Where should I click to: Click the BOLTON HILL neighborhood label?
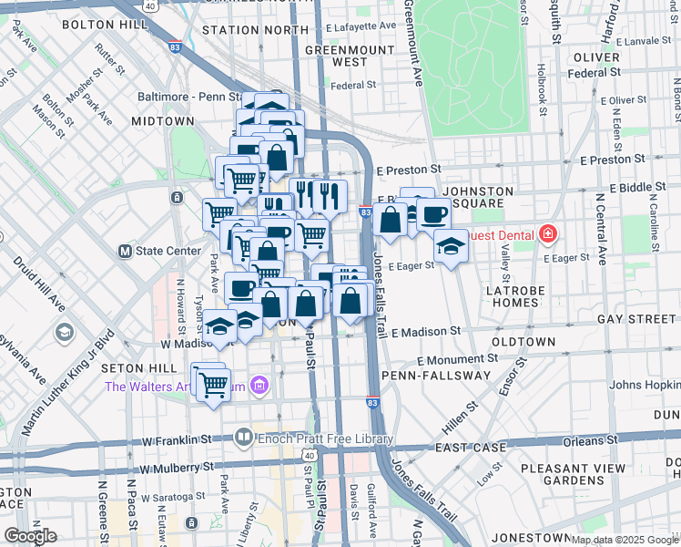tap(107, 24)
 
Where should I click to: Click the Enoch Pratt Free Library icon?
tap(243, 437)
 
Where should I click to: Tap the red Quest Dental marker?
tap(547, 234)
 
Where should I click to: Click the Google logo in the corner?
tap(30, 535)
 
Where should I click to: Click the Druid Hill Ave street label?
tap(32, 277)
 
